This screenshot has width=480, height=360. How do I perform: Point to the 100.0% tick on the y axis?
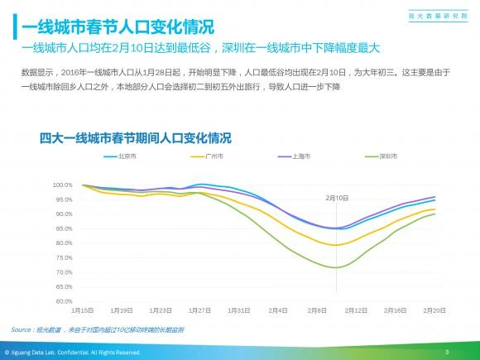(64, 185)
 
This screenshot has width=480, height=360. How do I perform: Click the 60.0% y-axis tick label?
(64, 301)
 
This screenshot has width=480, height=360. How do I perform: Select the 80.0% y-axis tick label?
(64, 243)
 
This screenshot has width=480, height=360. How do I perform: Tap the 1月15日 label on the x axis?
(83, 310)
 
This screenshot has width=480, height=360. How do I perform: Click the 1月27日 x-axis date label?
(200, 310)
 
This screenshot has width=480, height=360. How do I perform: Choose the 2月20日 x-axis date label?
(435, 310)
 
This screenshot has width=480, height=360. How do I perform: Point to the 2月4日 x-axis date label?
(278, 310)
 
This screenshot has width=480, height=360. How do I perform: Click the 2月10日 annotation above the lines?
(336, 198)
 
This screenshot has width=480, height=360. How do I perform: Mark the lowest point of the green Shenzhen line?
(334, 267)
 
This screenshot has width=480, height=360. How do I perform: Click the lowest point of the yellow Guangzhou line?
(334, 245)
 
